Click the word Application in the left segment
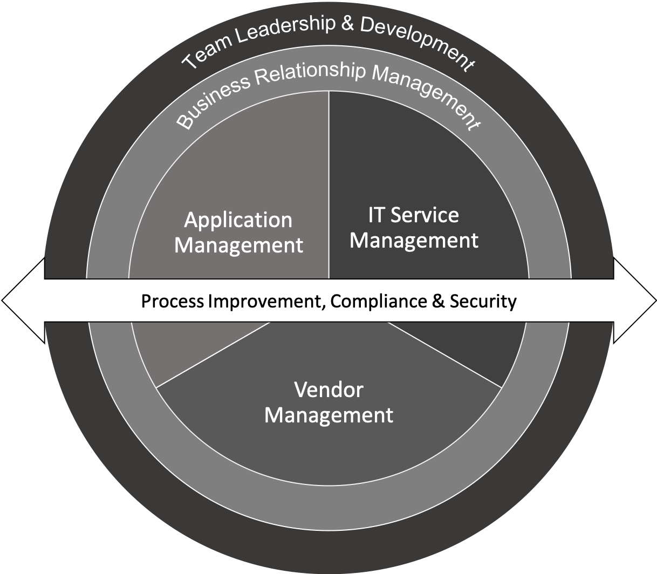(x=238, y=220)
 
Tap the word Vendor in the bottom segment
(x=328, y=389)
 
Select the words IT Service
(x=413, y=215)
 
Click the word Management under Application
(x=238, y=245)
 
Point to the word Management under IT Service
(x=414, y=240)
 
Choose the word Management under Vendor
(x=328, y=415)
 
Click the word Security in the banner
(x=482, y=301)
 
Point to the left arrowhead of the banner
(x=22, y=300)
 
